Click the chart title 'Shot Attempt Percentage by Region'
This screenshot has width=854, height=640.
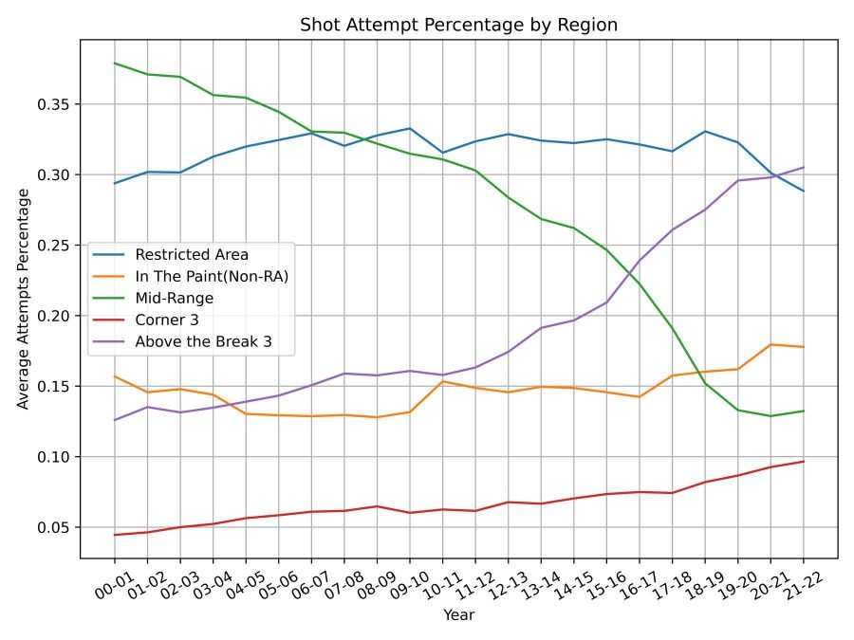click(x=458, y=25)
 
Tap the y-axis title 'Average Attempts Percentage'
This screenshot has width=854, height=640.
click(x=23, y=299)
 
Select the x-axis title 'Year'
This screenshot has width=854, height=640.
click(x=458, y=615)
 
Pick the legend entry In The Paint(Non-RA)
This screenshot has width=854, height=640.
click(x=211, y=276)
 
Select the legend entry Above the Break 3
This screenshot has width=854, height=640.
click(x=203, y=341)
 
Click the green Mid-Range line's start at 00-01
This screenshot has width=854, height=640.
click(x=115, y=64)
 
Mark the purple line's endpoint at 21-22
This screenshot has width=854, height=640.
click(x=803, y=168)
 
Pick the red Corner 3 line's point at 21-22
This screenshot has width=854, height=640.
click(x=803, y=462)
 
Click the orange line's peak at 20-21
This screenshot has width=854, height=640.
click(x=770, y=344)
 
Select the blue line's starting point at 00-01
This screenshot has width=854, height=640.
click(x=115, y=183)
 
